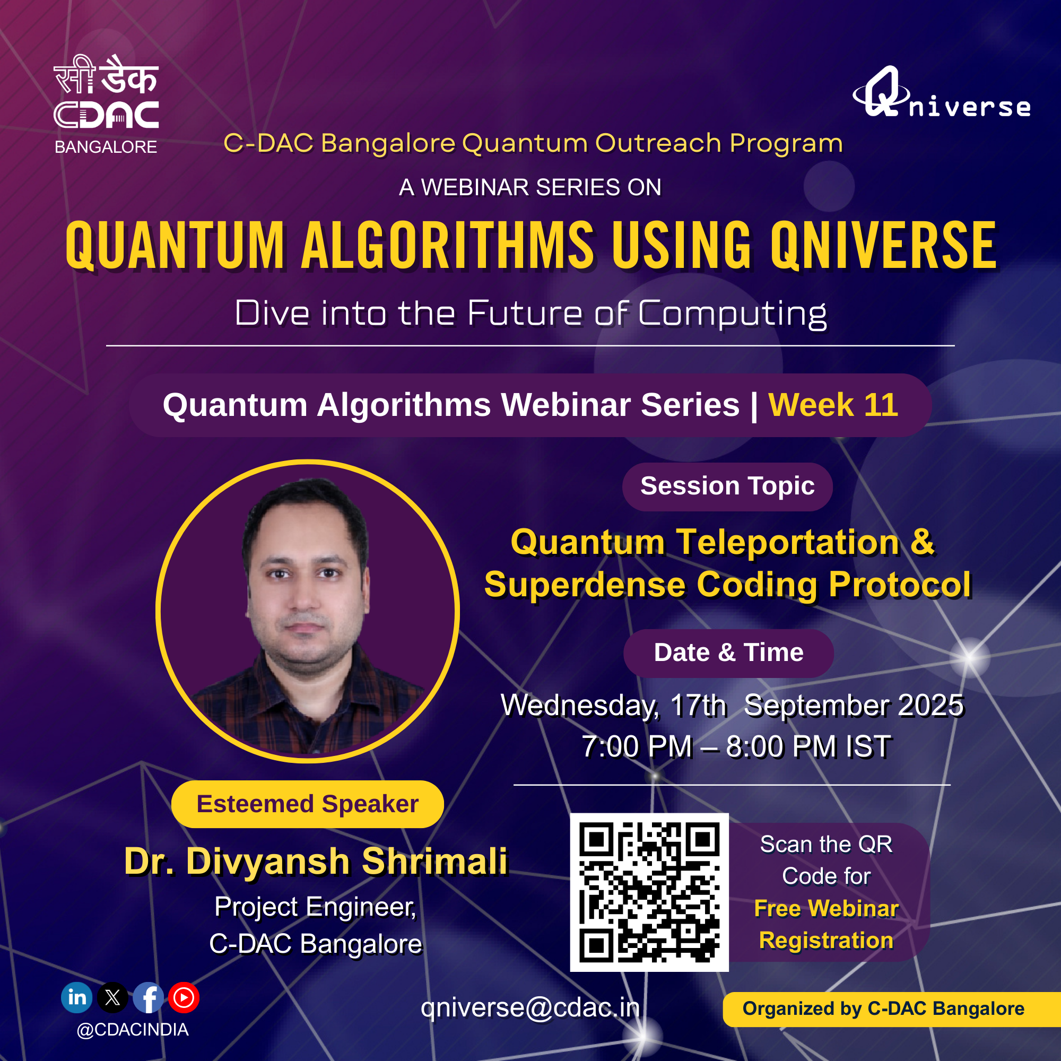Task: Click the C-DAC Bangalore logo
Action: click(x=106, y=105)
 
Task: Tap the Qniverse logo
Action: click(x=941, y=92)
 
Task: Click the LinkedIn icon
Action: click(x=77, y=997)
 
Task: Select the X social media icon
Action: click(x=112, y=997)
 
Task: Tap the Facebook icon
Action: click(x=149, y=997)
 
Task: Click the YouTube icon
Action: click(x=184, y=997)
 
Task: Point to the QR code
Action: click(x=649, y=892)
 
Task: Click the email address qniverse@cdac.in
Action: click(x=530, y=1007)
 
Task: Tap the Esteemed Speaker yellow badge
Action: click(x=308, y=804)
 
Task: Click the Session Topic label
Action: click(x=728, y=486)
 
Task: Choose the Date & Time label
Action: click(x=729, y=653)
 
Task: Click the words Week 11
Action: click(x=833, y=405)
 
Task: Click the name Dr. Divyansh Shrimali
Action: click(x=316, y=860)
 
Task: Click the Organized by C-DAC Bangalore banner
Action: click(x=892, y=1009)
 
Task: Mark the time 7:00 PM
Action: click(x=637, y=747)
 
